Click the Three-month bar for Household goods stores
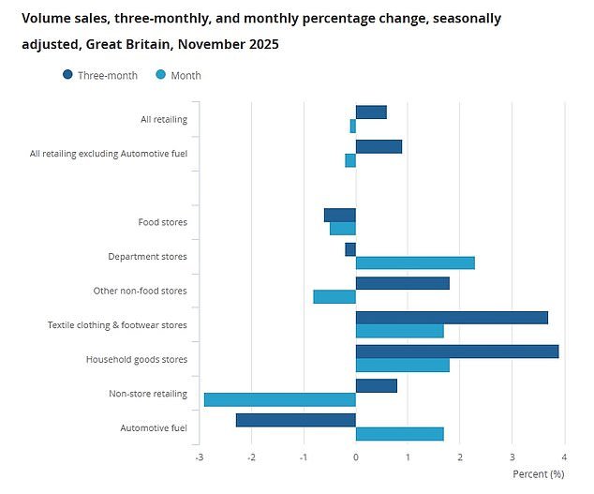click(x=457, y=352)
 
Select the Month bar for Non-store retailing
click(x=280, y=399)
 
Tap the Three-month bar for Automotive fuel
click(x=296, y=420)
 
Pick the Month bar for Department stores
click(x=415, y=262)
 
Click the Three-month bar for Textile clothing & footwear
click(x=452, y=318)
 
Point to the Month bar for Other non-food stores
click(x=334, y=296)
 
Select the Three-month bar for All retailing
click(x=371, y=112)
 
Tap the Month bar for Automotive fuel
click(x=399, y=434)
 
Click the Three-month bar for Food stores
click(x=340, y=215)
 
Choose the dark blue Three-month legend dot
click(x=68, y=75)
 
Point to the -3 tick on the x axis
click(x=199, y=457)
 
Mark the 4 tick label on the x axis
click(x=564, y=457)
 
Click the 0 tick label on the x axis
click(x=356, y=457)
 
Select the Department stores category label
click(x=147, y=256)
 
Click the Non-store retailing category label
click(x=148, y=394)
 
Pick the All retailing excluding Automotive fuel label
click(x=109, y=154)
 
